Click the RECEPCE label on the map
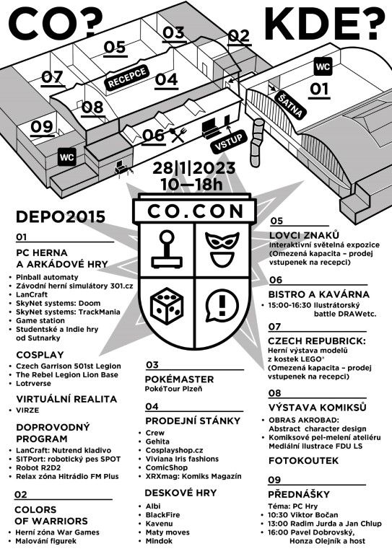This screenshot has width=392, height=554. [x=127, y=78]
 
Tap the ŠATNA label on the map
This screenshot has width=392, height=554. [x=290, y=105]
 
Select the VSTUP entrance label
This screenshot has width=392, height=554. [x=228, y=141]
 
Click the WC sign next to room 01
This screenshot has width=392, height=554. [x=323, y=67]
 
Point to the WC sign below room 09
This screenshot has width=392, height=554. [x=67, y=157]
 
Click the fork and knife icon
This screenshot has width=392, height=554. [x=178, y=135]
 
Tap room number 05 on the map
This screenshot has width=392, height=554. [x=115, y=48]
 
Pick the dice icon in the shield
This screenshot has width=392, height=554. [x=167, y=305]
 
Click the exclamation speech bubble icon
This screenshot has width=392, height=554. [x=222, y=306]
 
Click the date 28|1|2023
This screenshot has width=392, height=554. [x=193, y=168]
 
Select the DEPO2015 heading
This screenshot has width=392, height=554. [x=61, y=216]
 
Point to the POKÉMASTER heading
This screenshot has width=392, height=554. [x=179, y=379]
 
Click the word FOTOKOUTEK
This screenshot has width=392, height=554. [x=303, y=460]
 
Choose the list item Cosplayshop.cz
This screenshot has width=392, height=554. [x=174, y=450]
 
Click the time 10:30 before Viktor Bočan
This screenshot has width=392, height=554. [x=278, y=514]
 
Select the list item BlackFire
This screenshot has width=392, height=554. [x=162, y=515]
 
